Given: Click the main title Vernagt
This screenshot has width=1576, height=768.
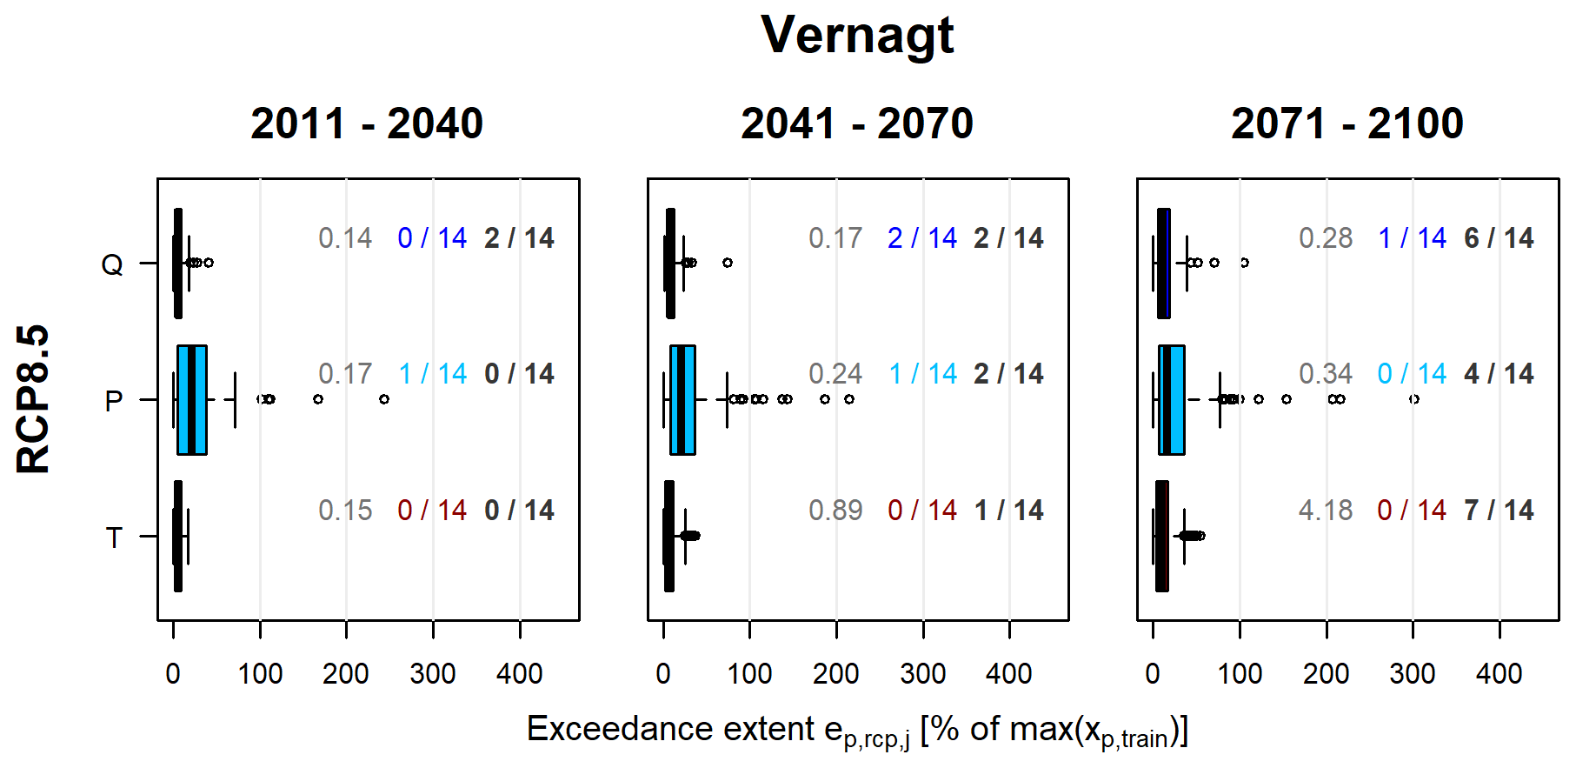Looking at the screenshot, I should click(856, 36).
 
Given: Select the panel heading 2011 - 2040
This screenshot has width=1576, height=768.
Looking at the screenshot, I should click(367, 124).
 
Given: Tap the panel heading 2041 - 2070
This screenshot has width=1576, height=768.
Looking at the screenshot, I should click(856, 124).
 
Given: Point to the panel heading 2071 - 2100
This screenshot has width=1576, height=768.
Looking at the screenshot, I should click(1347, 124).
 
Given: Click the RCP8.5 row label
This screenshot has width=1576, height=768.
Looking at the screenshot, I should click(34, 399).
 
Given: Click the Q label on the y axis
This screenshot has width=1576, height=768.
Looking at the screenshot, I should click(113, 264).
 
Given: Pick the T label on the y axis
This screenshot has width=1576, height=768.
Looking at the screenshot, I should click(114, 538).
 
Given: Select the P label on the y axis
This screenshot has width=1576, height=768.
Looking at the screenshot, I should click(113, 401).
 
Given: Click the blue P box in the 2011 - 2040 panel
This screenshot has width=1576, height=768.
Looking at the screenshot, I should click(192, 399).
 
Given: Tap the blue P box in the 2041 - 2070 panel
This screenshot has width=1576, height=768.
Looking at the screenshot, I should click(682, 399).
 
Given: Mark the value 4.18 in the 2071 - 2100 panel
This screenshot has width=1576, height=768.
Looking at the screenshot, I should click(1326, 510).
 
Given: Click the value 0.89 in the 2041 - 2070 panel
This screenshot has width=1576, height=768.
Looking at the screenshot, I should click(835, 510).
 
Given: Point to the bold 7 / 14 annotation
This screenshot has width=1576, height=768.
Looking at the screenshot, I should click(1499, 510).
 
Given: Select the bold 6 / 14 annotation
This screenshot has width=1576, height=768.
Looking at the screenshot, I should click(1499, 237).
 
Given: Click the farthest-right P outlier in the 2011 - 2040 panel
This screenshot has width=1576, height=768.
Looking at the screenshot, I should click(384, 399).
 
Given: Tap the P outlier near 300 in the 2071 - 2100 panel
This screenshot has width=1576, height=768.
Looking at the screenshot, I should click(1414, 399).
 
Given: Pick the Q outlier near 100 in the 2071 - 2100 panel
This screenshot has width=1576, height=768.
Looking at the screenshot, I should click(1244, 263).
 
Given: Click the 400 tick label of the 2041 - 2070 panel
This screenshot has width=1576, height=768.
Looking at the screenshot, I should click(1009, 673).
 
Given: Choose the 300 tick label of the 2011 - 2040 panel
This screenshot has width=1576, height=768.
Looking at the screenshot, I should click(433, 673).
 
